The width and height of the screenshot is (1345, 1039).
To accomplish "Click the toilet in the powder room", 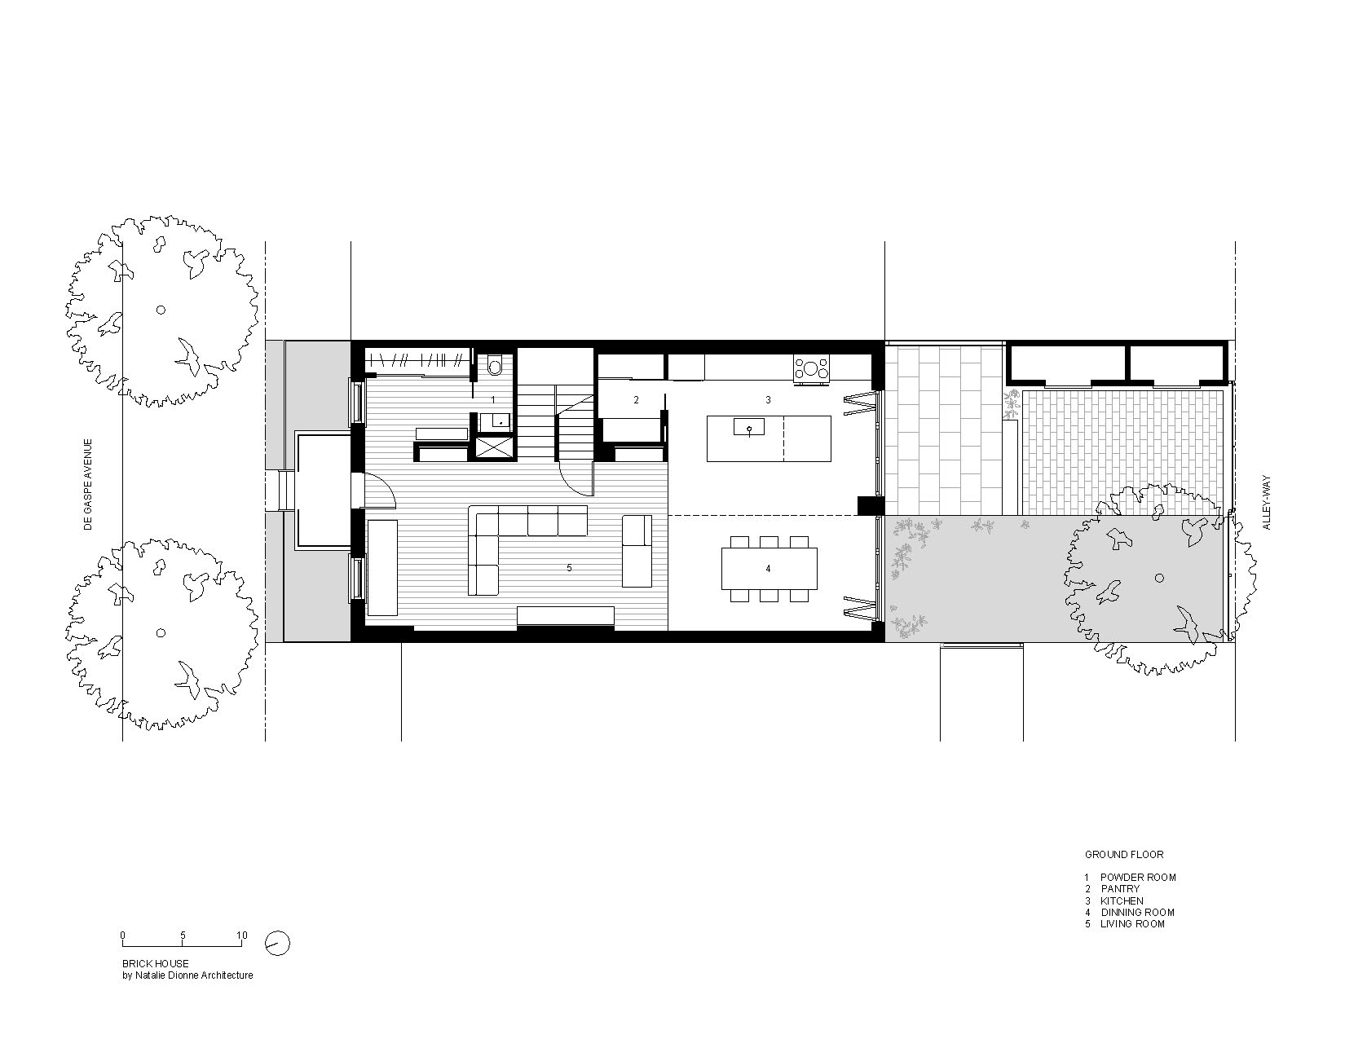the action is coord(495,364).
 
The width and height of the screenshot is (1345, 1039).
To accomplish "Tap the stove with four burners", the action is coord(811,369).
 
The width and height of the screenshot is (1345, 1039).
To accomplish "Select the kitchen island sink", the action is coord(749,427).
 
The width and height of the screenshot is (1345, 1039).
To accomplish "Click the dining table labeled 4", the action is coord(769,569).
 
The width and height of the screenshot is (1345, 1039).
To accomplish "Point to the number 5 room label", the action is coord(570,568).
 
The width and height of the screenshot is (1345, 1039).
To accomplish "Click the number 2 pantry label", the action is coord(636,400).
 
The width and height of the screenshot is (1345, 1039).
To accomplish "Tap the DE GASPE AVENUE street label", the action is coord(89,485).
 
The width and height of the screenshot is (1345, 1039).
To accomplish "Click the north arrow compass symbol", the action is coord(277,944).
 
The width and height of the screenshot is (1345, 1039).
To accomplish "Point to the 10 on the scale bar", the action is coord(242,936).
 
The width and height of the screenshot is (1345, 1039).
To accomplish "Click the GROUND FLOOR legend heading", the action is coord(1124,855).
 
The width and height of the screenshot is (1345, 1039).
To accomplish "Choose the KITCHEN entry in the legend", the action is coord(1122,901).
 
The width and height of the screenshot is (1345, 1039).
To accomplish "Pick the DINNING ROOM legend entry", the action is coord(1138,913).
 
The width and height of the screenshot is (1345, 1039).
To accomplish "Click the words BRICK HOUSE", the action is coord(156,963).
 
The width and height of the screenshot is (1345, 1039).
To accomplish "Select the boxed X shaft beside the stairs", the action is coord(495,447).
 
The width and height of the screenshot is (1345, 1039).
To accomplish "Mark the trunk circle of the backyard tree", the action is coord(1159,578).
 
